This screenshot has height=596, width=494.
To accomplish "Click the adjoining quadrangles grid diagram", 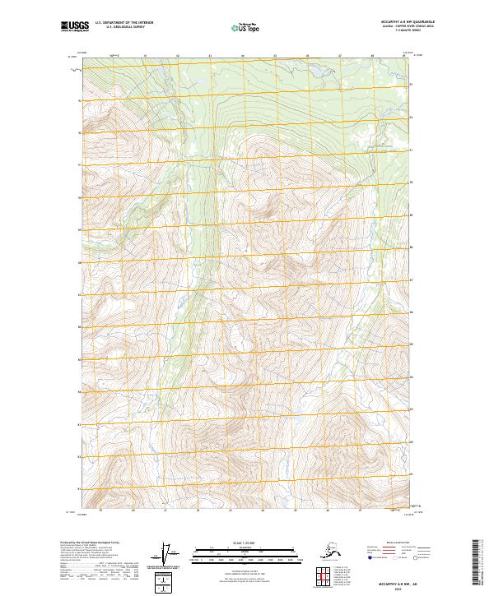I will pyautogui.click(x=322, y=575).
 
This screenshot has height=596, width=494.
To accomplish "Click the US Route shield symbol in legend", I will pyautogui.click(x=394, y=558).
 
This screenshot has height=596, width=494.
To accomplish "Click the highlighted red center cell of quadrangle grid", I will pyautogui.click(x=322, y=575).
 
